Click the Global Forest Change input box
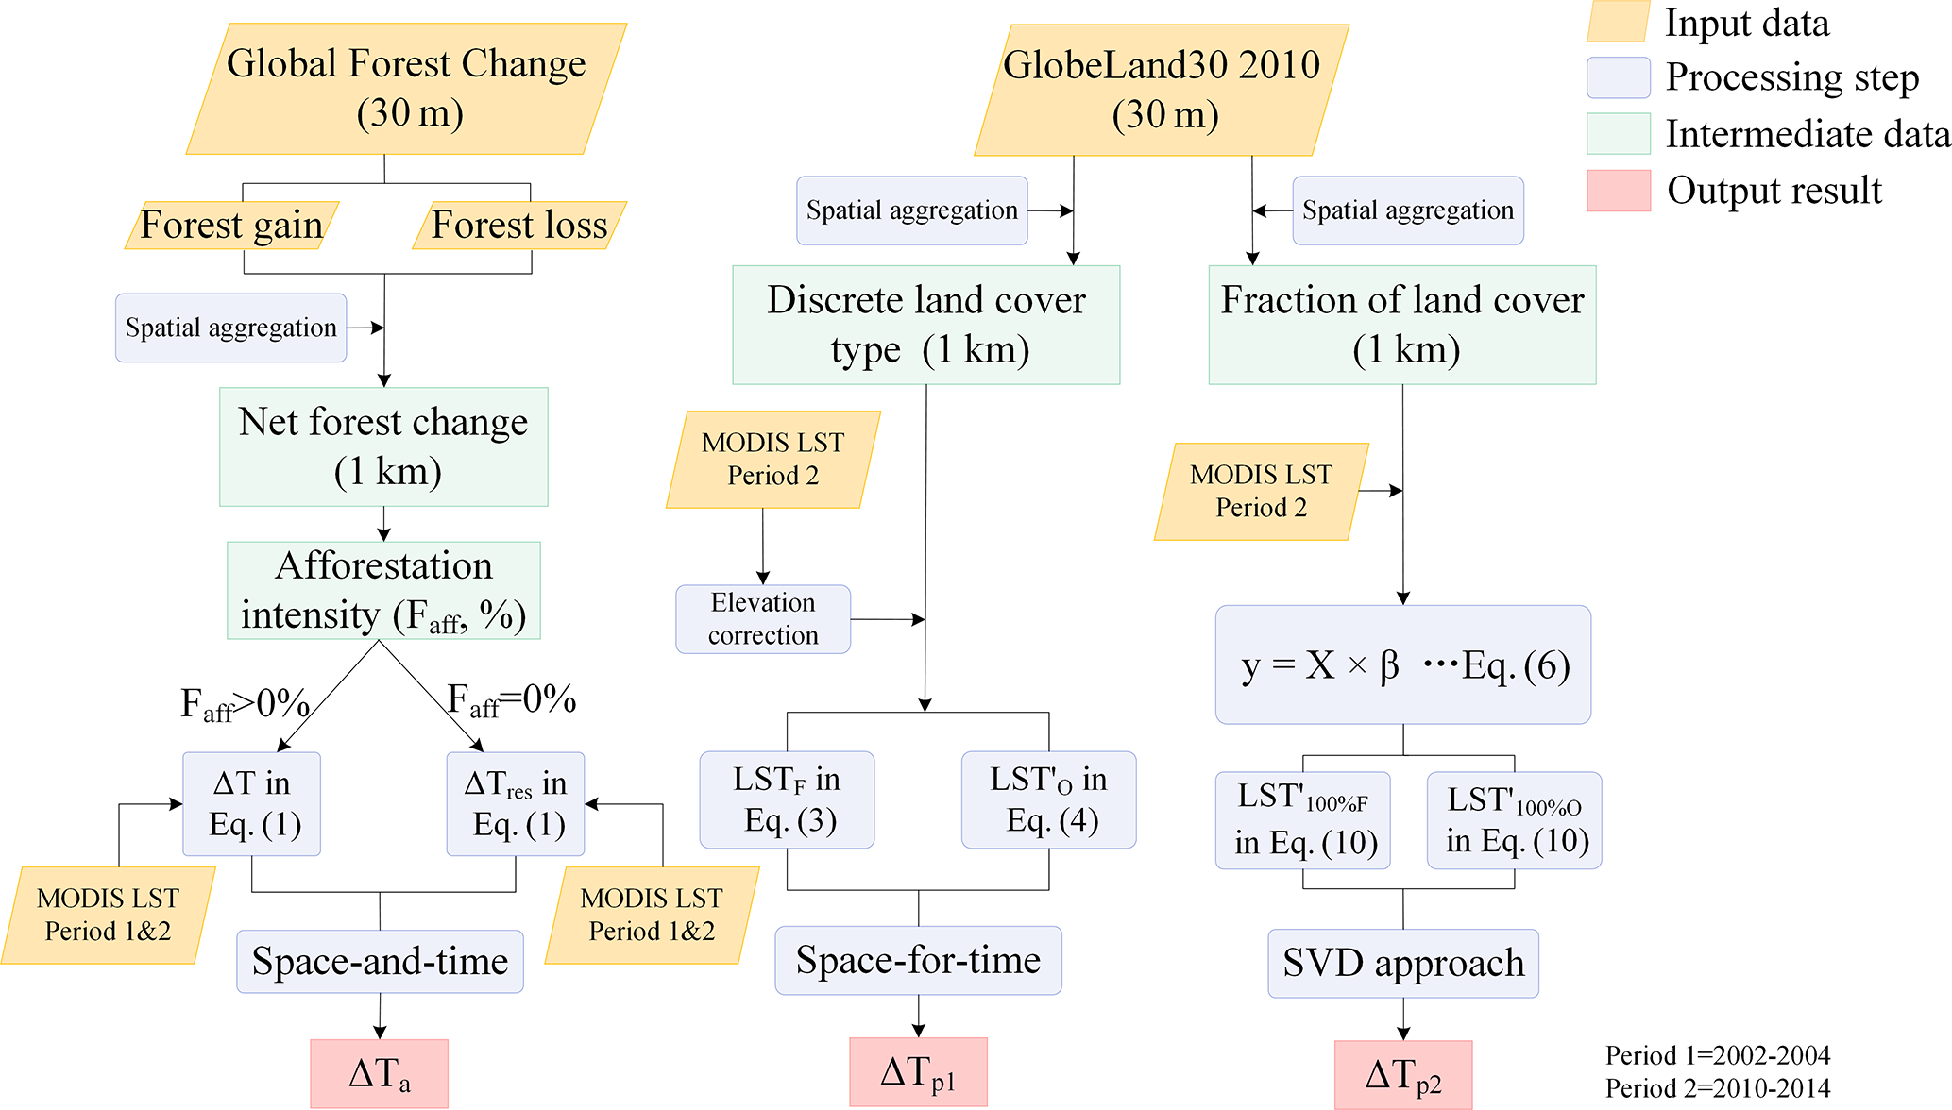[406, 89]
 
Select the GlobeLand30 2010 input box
[1162, 91]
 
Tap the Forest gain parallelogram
[231, 226]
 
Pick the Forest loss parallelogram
[519, 226]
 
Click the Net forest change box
[383, 446]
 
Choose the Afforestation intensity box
[383, 591]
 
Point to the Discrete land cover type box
[925, 325]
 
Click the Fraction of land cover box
[1402, 325]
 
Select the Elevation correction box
[763, 619]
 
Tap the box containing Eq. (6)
[1403, 665]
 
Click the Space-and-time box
[380, 962]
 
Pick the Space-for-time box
[918, 961]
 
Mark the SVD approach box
[1403, 964]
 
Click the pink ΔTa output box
[380, 1074]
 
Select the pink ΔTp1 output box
[918, 1072]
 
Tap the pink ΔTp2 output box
[1403, 1075]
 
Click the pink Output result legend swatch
[1619, 191]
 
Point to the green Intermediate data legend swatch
[1619, 134]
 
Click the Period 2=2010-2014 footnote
[1718, 1088]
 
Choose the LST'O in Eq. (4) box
[1048, 800]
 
